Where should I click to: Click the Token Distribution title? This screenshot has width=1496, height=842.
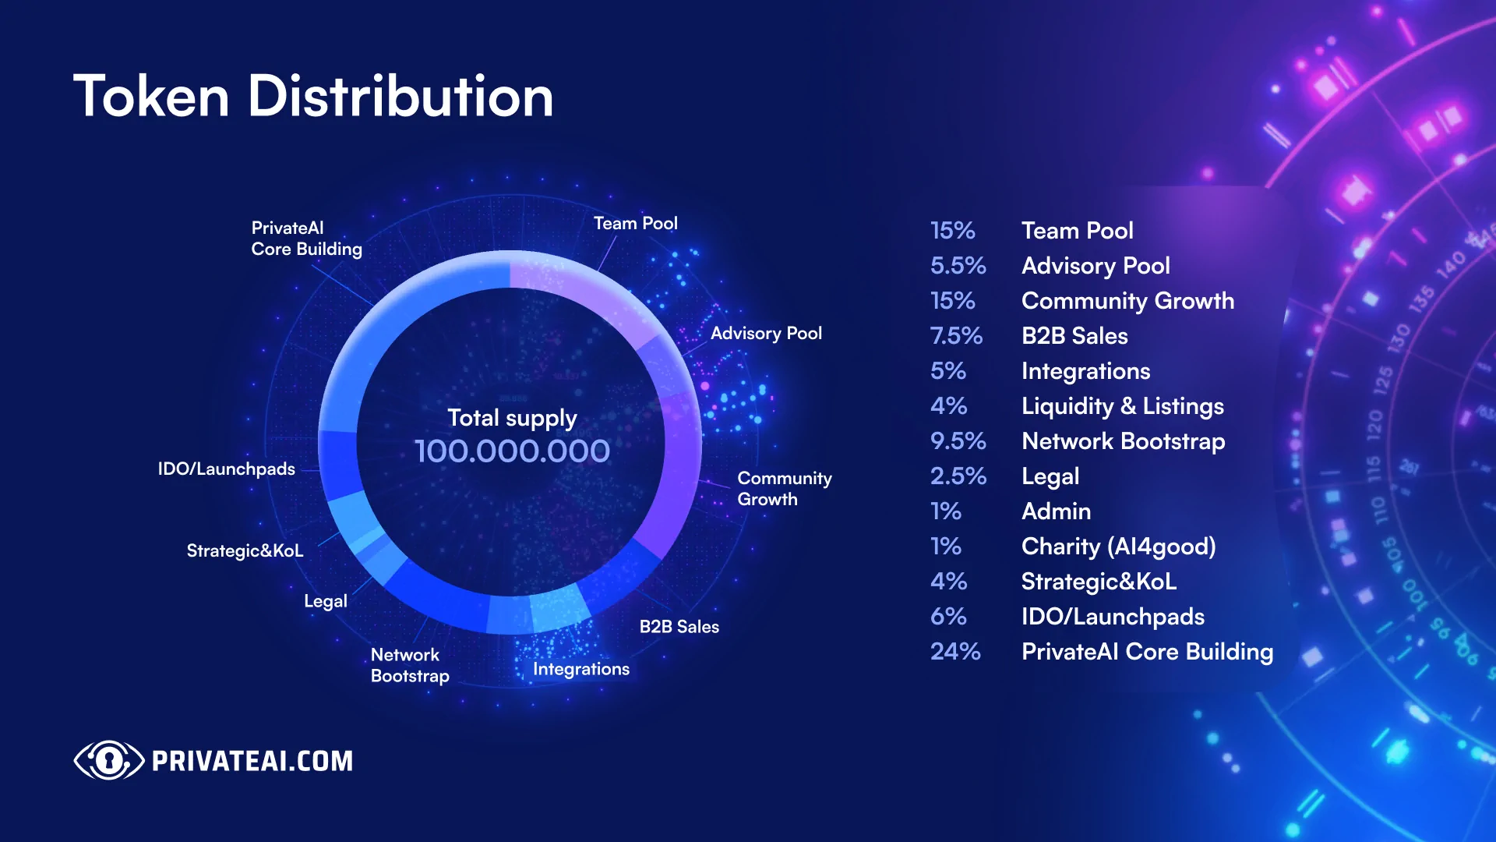click(x=313, y=97)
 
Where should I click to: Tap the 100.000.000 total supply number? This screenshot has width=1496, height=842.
click(x=512, y=451)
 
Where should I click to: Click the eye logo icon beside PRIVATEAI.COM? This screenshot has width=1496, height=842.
click(x=108, y=760)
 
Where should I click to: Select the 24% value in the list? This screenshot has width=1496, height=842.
click(x=955, y=652)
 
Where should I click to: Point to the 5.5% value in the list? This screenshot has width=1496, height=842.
click(x=958, y=266)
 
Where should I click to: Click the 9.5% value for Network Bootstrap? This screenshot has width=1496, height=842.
click(x=958, y=441)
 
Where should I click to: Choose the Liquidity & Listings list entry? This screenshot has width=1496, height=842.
click(x=1122, y=406)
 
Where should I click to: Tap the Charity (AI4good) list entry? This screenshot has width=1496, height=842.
click(x=1118, y=547)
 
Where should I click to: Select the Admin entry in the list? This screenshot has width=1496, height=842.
click(x=1056, y=511)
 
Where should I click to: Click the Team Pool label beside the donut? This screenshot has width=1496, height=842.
click(x=635, y=224)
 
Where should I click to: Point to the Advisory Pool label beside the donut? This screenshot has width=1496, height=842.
click(x=766, y=334)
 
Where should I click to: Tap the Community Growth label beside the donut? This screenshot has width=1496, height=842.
click(x=784, y=489)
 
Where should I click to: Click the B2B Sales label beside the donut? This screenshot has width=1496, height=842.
click(x=679, y=627)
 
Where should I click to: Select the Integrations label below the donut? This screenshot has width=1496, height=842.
click(x=580, y=669)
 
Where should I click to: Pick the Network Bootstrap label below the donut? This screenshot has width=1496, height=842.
click(x=409, y=665)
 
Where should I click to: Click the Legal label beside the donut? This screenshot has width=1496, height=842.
click(x=325, y=602)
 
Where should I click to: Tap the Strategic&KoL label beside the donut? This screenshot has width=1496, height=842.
click(x=245, y=551)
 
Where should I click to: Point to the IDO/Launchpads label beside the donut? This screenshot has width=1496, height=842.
click(x=226, y=469)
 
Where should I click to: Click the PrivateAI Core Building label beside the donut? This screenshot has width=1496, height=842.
click(x=306, y=239)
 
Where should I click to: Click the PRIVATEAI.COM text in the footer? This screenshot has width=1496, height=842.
click(x=252, y=761)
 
